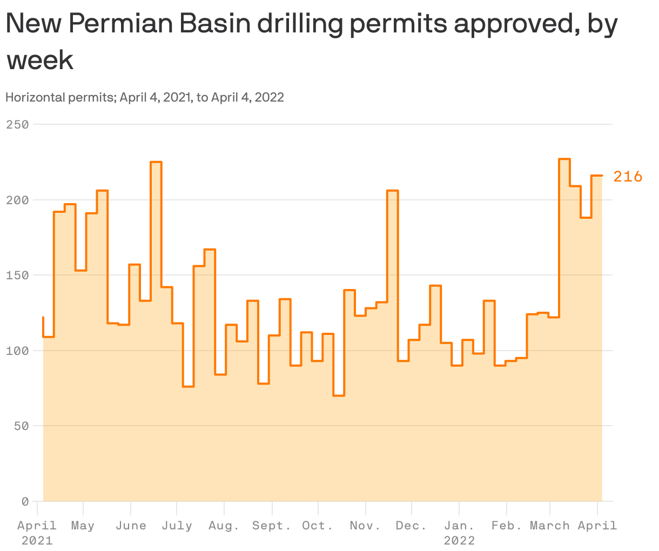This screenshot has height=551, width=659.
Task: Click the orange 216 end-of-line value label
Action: click(628, 177)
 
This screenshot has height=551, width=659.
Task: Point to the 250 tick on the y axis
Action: click(17, 125)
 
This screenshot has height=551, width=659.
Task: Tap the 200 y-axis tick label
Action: click(17, 200)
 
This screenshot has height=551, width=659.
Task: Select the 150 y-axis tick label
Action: click(17, 275)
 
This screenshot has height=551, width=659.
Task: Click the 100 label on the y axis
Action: click(17, 351)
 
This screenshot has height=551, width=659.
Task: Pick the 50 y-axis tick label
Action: click(21, 426)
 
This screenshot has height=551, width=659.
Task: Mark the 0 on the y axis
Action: click(24, 502)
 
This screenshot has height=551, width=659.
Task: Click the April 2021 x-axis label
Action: click(37, 532)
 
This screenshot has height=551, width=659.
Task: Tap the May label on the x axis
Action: click(83, 526)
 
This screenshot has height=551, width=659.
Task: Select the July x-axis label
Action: click(177, 526)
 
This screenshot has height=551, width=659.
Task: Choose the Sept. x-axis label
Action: click(272, 526)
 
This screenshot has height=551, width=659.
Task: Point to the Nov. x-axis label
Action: click(366, 526)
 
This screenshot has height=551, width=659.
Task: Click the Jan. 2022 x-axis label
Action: click(459, 532)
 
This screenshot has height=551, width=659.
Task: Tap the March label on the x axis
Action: click(549, 526)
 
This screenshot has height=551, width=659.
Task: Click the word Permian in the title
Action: click(122, 24)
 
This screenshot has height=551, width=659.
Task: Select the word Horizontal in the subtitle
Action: click(35, 97)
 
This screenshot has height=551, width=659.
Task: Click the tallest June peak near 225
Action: click(156, 162)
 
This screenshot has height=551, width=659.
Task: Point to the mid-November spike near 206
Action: click(393, 191)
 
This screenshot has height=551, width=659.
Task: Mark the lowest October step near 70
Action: click(339, 395)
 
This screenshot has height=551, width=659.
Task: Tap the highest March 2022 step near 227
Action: click(564, 159)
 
